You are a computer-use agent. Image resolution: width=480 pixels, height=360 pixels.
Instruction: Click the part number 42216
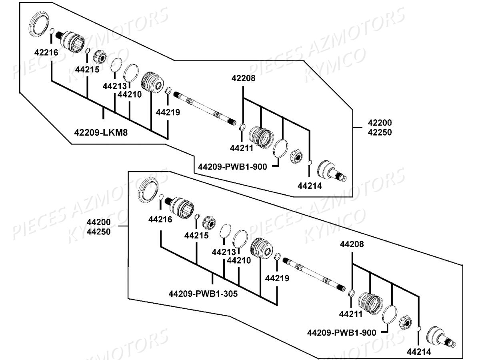(x=46, y=52)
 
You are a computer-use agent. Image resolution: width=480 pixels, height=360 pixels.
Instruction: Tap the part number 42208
(x=243, y=79)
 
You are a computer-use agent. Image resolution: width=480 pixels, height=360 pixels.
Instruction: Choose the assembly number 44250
(x=99, y=232)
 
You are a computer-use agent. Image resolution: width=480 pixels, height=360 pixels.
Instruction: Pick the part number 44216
(x=160, y=219)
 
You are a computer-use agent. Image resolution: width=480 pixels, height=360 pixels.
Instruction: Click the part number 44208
(x=352, y=244)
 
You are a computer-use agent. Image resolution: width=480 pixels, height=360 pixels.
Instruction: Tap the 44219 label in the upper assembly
(x=168, y=112)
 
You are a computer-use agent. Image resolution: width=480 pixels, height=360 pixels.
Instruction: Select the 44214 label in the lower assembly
(x=419, y=352)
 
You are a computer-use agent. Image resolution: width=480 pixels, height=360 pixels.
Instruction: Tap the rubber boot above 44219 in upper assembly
(x=152, y=82)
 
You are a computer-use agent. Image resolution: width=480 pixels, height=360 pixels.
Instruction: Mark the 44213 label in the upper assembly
(x=114, y=86)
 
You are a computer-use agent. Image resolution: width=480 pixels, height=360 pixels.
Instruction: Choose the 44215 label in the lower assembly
(x=196, y=236)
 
